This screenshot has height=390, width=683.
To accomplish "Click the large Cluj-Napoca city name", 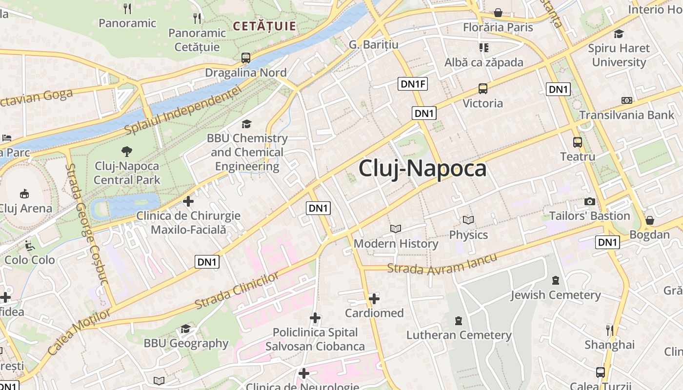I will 422,169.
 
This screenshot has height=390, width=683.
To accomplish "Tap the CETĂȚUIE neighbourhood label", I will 264,26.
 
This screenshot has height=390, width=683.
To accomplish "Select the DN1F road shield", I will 413,84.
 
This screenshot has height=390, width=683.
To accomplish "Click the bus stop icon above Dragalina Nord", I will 246,58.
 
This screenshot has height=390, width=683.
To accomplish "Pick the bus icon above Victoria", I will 482,89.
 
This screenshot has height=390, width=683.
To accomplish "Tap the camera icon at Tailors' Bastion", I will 589,201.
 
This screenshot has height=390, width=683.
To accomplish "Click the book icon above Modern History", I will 396,229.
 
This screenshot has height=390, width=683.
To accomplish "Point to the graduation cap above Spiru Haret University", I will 619,34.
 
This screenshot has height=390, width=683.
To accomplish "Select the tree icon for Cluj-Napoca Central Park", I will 127,151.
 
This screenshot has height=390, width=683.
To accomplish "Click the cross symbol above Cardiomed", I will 374,298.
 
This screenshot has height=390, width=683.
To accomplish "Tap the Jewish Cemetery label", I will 555,295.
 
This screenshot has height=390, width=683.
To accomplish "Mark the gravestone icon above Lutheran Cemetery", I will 458,321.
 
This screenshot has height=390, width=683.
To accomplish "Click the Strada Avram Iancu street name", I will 442,264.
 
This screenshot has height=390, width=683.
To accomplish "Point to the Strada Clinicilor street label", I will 237,290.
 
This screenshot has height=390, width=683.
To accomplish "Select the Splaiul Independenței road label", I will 183,112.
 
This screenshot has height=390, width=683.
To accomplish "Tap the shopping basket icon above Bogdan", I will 649,220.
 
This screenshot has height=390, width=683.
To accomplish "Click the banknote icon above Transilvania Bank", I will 627,100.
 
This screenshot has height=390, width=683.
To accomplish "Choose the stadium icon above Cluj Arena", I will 24,194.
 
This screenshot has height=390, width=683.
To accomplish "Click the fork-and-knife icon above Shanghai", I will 609,330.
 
